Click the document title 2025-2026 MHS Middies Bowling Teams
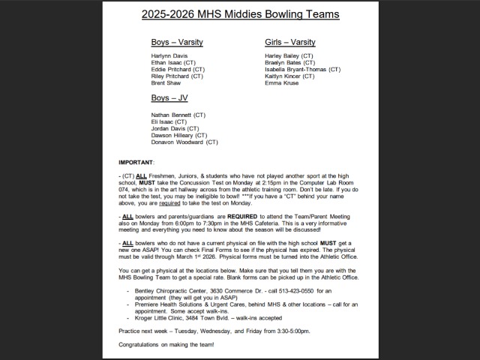point(240,14)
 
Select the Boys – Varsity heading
point(177,42)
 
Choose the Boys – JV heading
point(169,97)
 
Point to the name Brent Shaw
point(165,82)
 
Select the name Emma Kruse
point(281,82)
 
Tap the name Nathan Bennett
point(172,115)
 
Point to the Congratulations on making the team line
point(166,344)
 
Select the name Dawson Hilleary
point(170,135)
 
